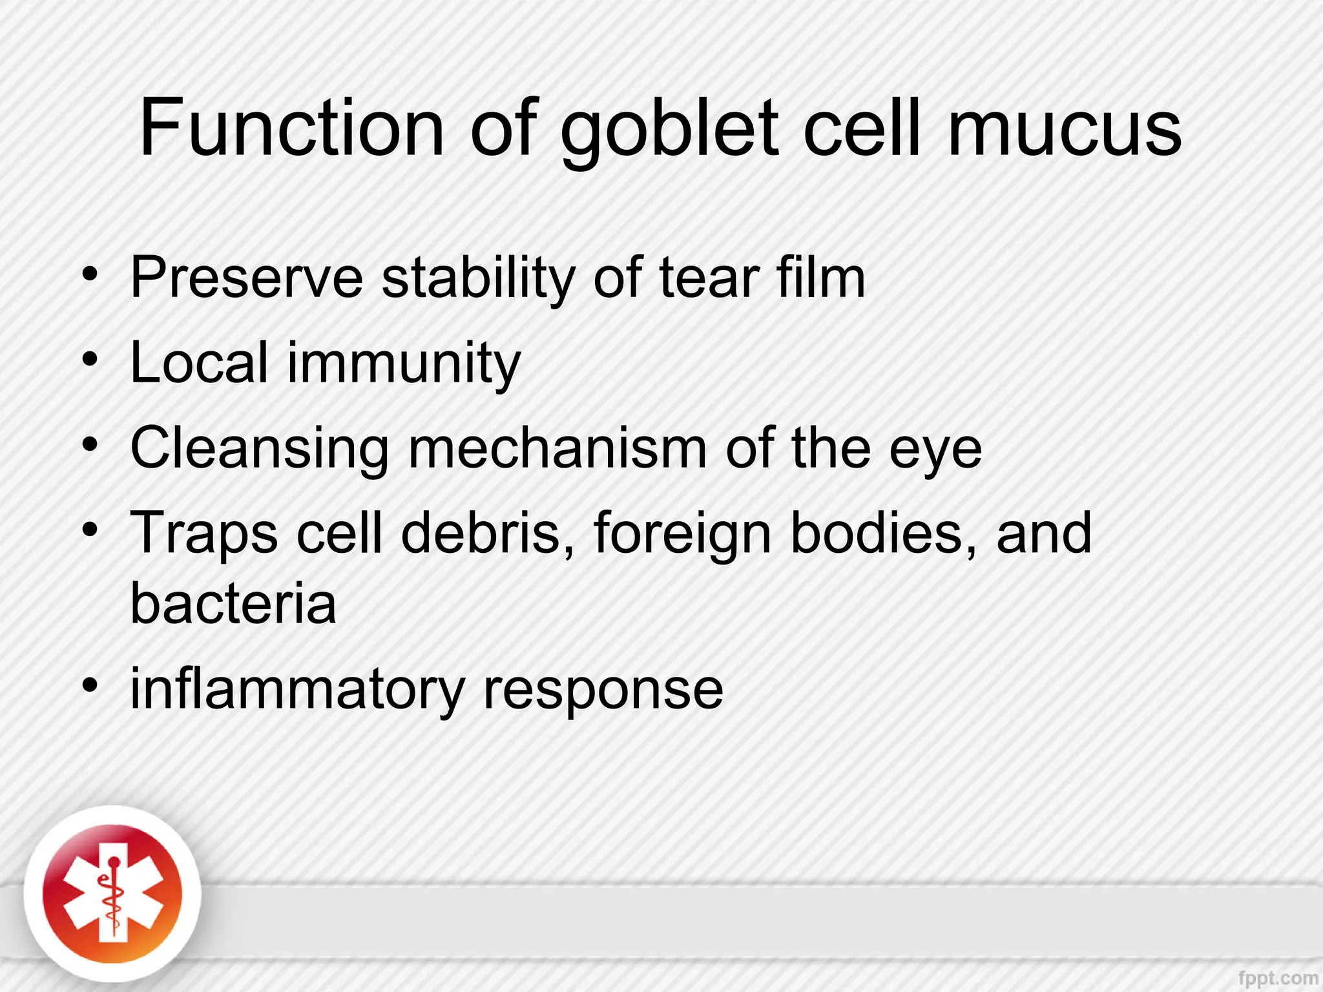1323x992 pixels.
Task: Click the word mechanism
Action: pos(558,448)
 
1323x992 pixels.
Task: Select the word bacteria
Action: pos(233,603)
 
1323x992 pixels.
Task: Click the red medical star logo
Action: pos(112,895)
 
